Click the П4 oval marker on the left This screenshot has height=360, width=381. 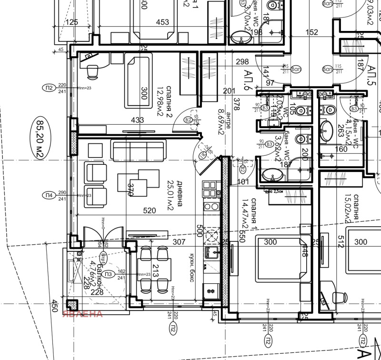(48, 194)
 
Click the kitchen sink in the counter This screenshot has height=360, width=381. (211, 251)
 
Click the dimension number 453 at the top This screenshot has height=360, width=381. (162, 22)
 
